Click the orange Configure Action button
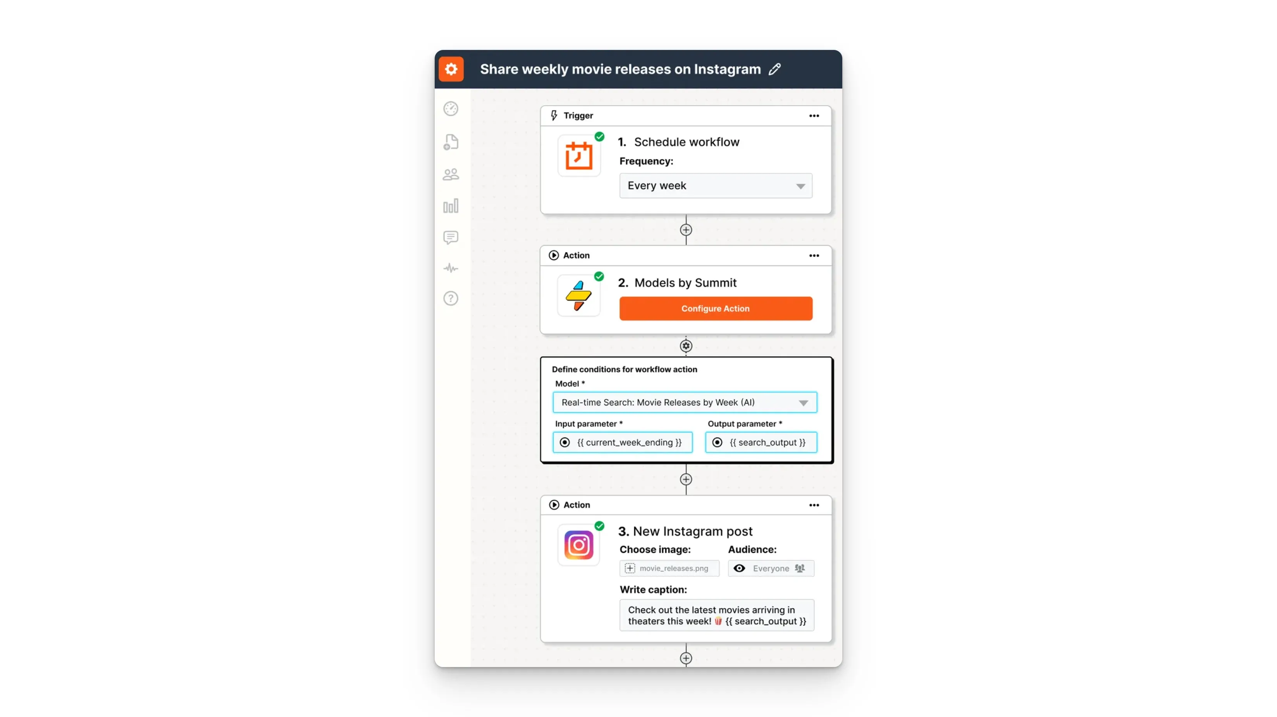pyautogui.click(x=715, y=308)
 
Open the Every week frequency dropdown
pyautogui.click(x=715, y=186)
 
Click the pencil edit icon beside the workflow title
pyautogui.click(x=775, y=69)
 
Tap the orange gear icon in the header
pyautogui.click(x=451, y=69)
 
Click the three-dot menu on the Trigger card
pyautogui.click(x=814, y=116)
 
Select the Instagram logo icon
pyautogui.click(x=578, y=545)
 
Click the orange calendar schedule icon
pyautogui.click(x=579, y=156)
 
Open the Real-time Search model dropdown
pyautogui.click(x=685, y=402)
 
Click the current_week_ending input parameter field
pyautogui.click(x=623, y=443)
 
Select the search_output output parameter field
pyautogui.click(x=761, y=443)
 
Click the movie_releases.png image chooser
pyautogui.click(x=669, y=568)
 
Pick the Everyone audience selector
pyautogui.click(x=771, y=568)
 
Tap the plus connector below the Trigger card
pyautogui.click(x=686, y=230)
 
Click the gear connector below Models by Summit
pyautogui.click(x=686, y=346)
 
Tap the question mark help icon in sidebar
pyautogui.click(x=451, y=298)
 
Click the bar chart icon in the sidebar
pyautogui.click(x=451, y=206)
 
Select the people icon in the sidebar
pyautogui.click(x=451, y=175)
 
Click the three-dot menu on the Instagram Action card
pyautogui.click(x=814, y=505)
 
